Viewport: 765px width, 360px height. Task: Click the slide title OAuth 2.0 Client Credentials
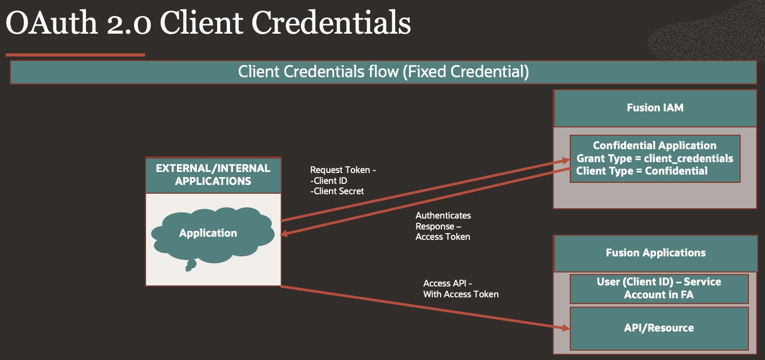pos(208,23)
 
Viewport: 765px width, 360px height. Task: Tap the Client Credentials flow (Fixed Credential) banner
pos(383,72)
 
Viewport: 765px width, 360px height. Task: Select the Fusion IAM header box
pos(655,108)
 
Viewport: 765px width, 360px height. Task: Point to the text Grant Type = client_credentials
pos(655,158)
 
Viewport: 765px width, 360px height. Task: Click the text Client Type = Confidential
pos(642,170)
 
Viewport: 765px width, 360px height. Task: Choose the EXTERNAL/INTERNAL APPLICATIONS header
pos(213,175)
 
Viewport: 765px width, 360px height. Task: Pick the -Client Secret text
pos(337,191)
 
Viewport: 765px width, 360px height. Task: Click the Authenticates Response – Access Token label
pos(443,226)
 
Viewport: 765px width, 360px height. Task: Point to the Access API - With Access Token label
pos(460,289)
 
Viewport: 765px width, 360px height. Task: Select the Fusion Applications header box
pos(655,253)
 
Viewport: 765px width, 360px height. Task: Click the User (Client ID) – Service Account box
pos(659,288)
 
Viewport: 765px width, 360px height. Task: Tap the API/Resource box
pos(659,328)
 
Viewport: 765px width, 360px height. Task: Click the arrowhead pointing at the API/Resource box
pos(565,327)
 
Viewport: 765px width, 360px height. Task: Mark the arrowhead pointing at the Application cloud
pos(284,235)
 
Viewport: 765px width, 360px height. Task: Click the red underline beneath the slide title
pos(75,54)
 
